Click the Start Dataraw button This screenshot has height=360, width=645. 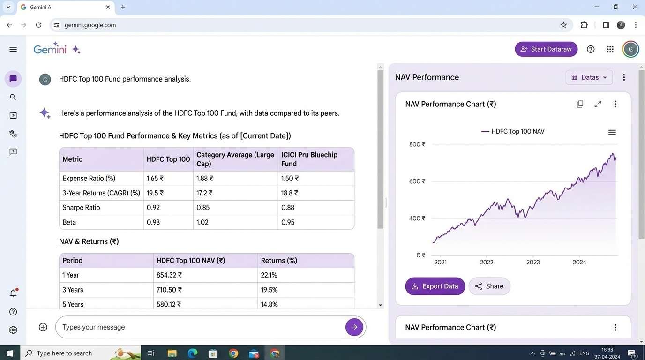[x=546, y=49]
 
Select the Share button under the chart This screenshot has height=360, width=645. [x=489, y=286]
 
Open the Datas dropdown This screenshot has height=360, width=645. [x=589, y=77]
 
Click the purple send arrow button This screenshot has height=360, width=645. [x=354, y=327]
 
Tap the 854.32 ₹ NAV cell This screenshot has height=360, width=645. [x=169, y=275]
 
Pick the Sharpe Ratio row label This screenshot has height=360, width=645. [x=81, y=208]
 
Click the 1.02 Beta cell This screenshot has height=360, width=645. [x=202, y=222]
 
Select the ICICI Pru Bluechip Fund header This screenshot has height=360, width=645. [x=309, y=159]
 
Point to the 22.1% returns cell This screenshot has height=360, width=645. [x=269, y=275]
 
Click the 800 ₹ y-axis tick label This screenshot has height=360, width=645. [x=417, y=144]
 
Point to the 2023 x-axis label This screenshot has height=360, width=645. [x=533, y=262]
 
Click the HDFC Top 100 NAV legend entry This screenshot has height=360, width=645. [x=513, y=132]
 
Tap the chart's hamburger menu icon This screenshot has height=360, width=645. [x=612, y=132]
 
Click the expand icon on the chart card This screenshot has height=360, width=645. [x=598, y=104]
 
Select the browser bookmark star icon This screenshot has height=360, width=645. [x=563, y=25]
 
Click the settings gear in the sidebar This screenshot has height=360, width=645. [x=13, y=330]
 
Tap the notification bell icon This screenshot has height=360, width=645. [x=13, y=293]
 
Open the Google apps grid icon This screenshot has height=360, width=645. [x=610, y=49]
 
